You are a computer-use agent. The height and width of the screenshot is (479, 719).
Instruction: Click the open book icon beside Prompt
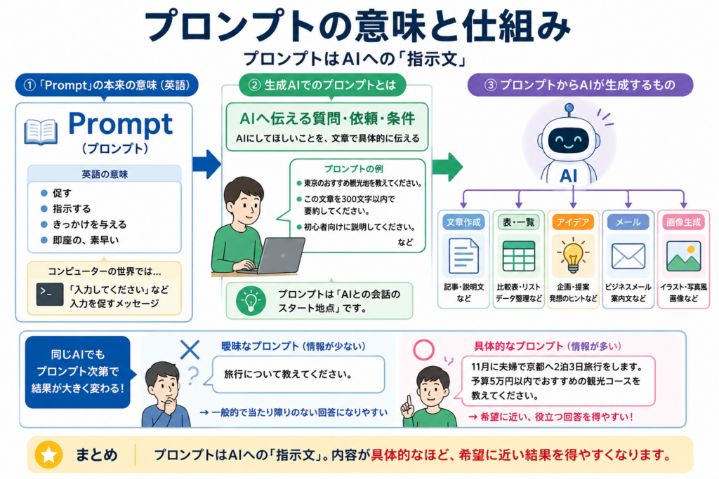(41, 131)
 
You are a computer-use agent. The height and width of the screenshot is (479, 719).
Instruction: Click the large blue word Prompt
(121, 125)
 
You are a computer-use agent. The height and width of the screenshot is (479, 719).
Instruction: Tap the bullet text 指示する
(72, 209)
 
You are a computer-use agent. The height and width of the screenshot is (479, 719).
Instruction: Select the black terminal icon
(50, 294)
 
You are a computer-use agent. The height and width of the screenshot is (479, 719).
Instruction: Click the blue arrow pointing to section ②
(207, 164)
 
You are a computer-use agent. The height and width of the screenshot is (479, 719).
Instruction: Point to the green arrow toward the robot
(447, 167)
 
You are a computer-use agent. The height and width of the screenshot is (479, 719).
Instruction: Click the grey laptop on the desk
(275, 256)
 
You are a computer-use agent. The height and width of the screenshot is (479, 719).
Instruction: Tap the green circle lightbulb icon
(251, 301)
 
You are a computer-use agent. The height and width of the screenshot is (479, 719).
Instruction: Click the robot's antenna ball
(569, 109)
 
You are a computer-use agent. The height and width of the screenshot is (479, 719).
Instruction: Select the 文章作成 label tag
(463, 222)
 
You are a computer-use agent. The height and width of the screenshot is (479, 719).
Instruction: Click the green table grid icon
(519, 256)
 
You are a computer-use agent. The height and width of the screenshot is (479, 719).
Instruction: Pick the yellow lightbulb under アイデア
(573, 256)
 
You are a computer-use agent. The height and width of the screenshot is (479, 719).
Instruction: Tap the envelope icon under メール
(628, 256)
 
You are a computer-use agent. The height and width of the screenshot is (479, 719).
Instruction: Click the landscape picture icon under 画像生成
(683, 256)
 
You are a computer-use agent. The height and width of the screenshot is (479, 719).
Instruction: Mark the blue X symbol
(190, 349)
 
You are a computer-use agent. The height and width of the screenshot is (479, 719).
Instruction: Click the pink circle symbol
(423, 350)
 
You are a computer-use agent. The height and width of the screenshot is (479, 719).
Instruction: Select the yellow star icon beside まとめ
(48, 454)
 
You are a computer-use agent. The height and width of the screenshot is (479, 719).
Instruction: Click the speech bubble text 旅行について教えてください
(288, 374)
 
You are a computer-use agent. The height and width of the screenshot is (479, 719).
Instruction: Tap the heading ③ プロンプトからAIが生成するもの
(580, 85)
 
